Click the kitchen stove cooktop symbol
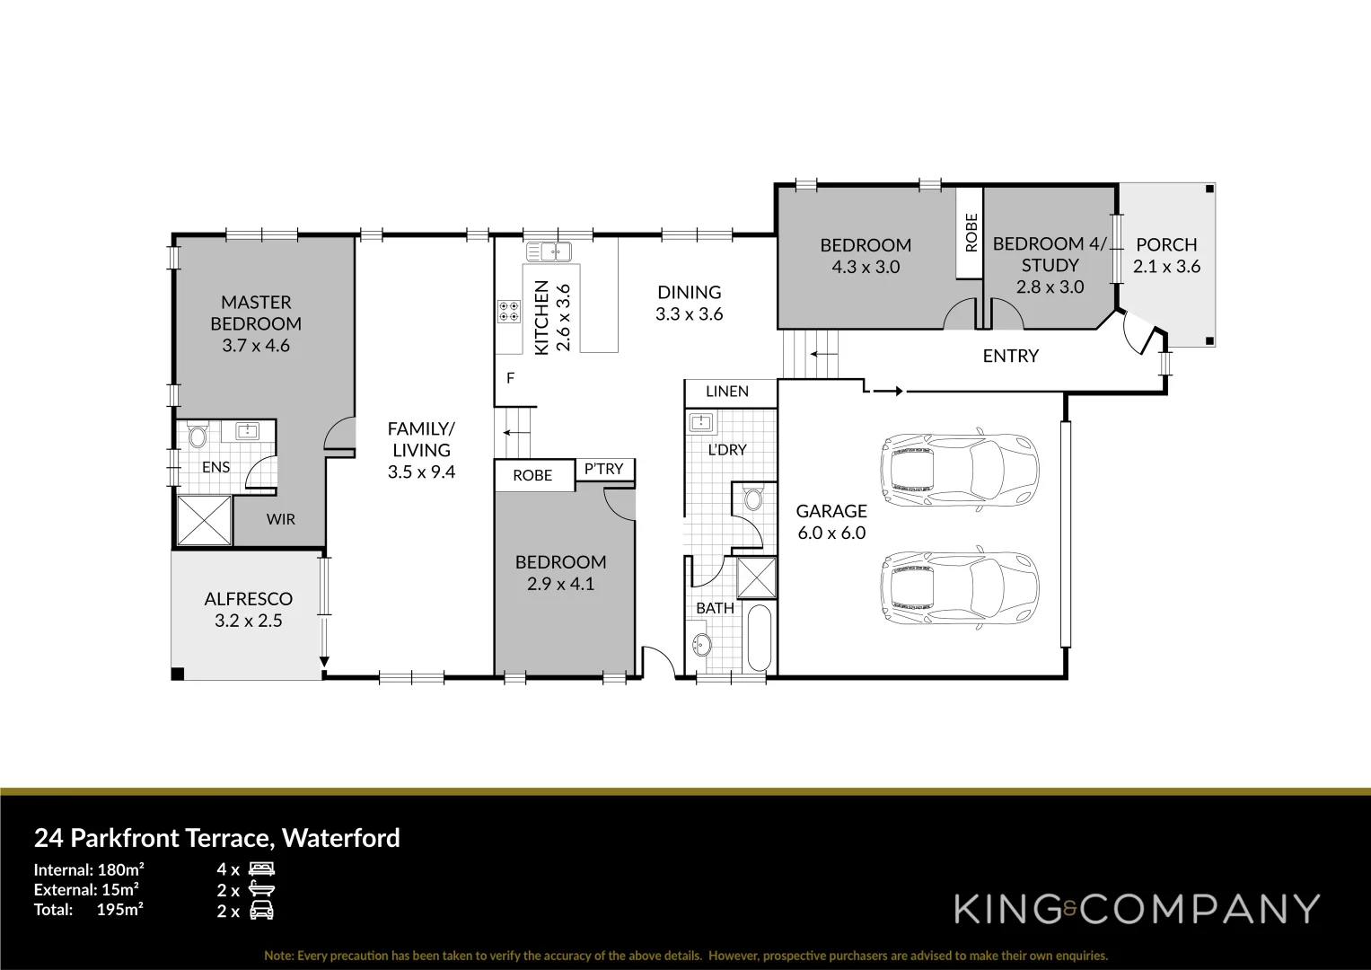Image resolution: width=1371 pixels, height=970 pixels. (508, 311)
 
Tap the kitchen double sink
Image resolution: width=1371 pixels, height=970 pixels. (549, 251)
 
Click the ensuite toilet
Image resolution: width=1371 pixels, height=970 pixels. (198, 437)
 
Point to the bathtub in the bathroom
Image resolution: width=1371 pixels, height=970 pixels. (759, 639)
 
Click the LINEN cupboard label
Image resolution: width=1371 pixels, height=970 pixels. (727, 392)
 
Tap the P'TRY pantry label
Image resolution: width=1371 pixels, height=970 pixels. (603, 468)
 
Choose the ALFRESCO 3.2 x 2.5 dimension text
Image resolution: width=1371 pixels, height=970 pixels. (249, 621)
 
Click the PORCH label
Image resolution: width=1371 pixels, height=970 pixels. (1166, 244)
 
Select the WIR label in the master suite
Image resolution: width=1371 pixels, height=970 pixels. (280, 519)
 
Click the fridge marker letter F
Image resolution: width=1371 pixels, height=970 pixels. (510, 378)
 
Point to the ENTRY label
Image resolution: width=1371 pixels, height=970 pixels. (1010, 356)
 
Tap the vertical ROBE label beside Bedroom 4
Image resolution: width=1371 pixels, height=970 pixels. (971, 232)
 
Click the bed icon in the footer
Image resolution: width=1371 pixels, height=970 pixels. (261, 869)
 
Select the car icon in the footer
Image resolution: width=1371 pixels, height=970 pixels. (261, 911)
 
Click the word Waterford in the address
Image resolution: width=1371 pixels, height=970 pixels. (341, 838)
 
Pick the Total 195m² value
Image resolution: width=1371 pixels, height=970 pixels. (120, 909)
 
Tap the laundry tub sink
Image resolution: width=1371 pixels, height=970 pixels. (701, 422)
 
